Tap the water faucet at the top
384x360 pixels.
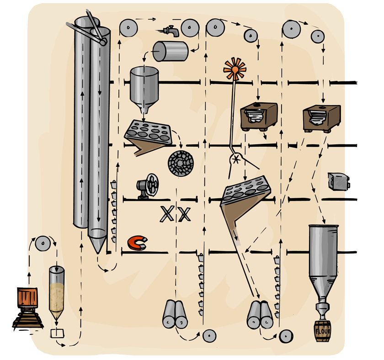click(x=171, y=30)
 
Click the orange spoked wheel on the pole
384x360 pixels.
click(x=235, y=69)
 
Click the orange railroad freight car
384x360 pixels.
click(x=26, y=297)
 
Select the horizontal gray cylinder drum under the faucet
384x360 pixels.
click(x=171, y=51)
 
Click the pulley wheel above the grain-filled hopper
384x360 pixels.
click(x=42, y=244)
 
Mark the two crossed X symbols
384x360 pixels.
click(x=175, y=214)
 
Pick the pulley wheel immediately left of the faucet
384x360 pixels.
click(x=129, y=28)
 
